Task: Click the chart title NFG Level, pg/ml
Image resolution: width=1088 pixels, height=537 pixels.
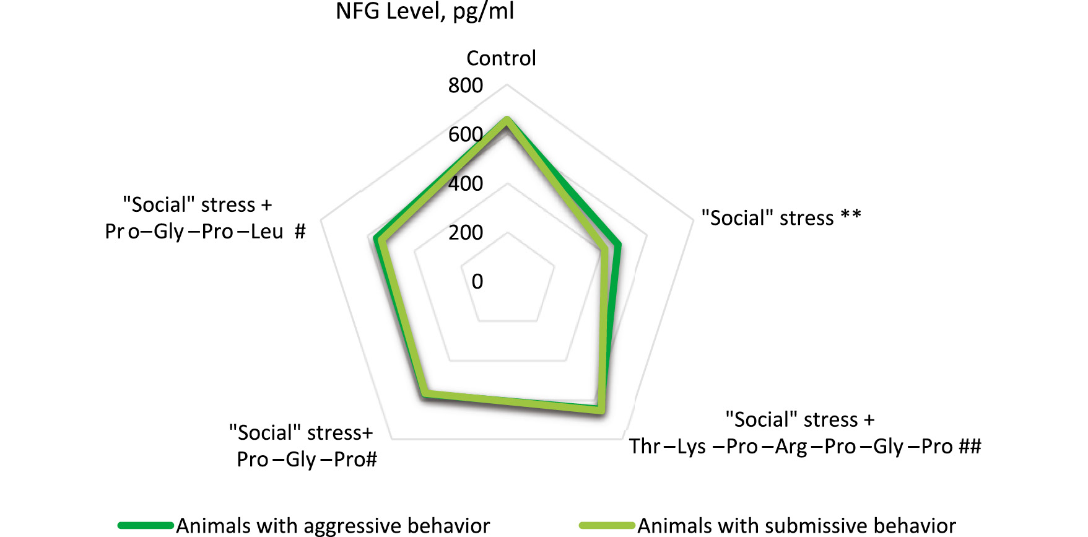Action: tap(425, 11)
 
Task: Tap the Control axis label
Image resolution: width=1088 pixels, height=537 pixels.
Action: tap(501, 58)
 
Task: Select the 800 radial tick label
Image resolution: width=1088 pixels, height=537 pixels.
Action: tap(466, 85)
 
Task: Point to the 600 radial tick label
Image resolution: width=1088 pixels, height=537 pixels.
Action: tap(466, 134)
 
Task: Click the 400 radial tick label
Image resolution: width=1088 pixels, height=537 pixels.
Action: tap(466, 183)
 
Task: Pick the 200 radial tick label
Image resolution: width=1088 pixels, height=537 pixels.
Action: tap(466, 232)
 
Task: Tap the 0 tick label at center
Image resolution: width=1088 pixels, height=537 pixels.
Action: tap(477, 281)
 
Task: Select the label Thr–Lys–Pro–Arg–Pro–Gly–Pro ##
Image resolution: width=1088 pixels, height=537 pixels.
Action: tap(805, 447)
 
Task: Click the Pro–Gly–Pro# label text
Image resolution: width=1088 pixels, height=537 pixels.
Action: tap(307, 460)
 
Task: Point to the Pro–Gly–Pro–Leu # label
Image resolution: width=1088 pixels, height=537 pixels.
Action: tap(205, 232)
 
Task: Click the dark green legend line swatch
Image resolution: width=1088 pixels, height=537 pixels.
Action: tap(146, 526)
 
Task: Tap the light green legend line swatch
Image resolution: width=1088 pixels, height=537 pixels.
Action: tap(607, 526)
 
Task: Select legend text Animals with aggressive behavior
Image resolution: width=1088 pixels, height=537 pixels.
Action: tap(333, 526)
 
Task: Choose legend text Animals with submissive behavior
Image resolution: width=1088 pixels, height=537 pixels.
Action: tap(797, 526)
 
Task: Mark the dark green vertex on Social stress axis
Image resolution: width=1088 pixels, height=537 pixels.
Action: tap(618, 245)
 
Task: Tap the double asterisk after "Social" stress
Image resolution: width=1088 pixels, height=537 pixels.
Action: tap(851, 216)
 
